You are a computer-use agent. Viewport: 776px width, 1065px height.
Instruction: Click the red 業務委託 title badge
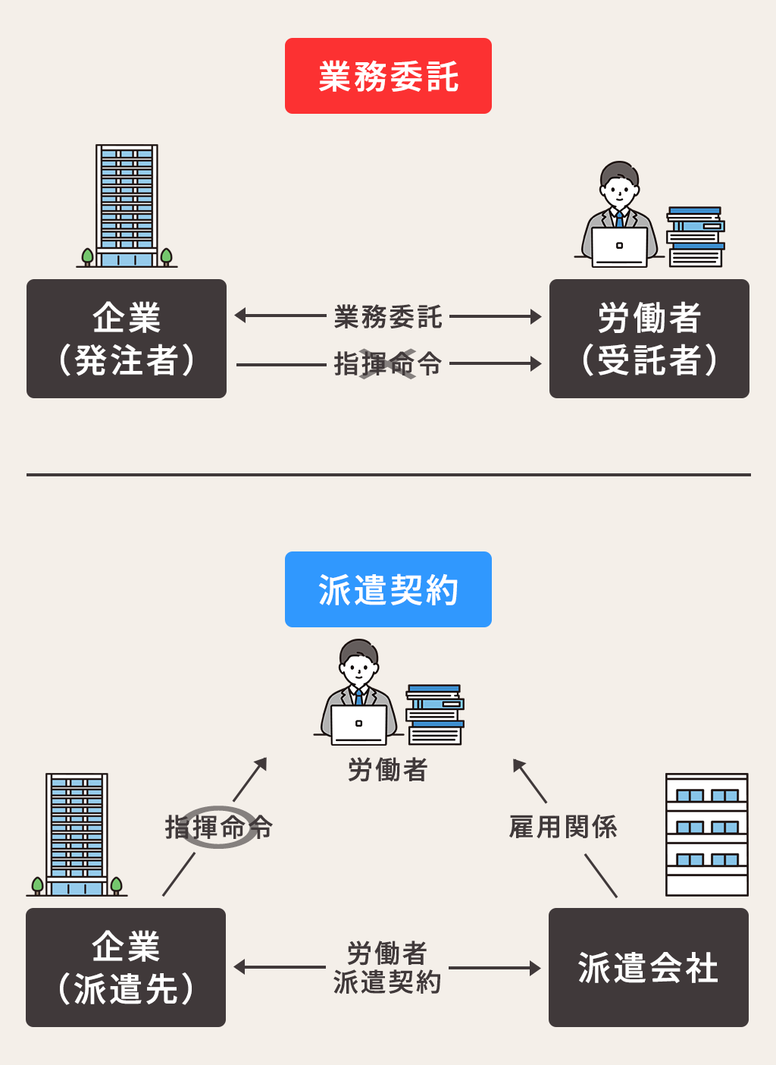pos(388,76)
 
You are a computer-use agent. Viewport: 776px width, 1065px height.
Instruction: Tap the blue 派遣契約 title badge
pos(388,589)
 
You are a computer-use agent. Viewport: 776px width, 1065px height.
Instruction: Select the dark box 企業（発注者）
pos(127,338)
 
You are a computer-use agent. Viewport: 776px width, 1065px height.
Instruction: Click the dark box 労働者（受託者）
pos(649,338)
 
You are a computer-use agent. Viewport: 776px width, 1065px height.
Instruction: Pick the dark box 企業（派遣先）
pos(126,967)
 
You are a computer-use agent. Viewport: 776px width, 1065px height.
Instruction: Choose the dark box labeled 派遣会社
pos(649,967)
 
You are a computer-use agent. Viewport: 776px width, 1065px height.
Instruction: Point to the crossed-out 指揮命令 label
pos(387,364)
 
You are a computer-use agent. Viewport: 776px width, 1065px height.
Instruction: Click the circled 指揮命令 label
pos(218,827)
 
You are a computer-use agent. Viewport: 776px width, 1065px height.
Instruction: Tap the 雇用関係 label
pos(563,827)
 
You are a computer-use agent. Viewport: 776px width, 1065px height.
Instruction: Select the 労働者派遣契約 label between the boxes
pos(387,967)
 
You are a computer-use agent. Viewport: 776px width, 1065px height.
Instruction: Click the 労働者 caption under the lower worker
pos(387,770)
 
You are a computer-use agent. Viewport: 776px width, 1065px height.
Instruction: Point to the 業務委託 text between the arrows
pos(387,316)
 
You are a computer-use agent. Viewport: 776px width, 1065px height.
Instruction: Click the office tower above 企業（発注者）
pos(127,205)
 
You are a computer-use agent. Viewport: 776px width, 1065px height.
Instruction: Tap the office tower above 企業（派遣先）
pos(77,834)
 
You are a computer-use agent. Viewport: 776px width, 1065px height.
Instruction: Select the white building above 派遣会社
pos(706,834)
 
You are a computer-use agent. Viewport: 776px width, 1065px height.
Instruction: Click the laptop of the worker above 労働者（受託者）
pos(619,247)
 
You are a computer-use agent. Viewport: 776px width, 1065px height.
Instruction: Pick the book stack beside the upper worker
pos(696,237)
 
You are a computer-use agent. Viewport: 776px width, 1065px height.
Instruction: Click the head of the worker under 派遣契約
pos(358,662)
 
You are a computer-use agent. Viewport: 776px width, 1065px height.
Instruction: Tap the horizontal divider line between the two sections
pos(388,475)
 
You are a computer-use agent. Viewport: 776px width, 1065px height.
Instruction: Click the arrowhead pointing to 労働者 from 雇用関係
pos(518,764)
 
